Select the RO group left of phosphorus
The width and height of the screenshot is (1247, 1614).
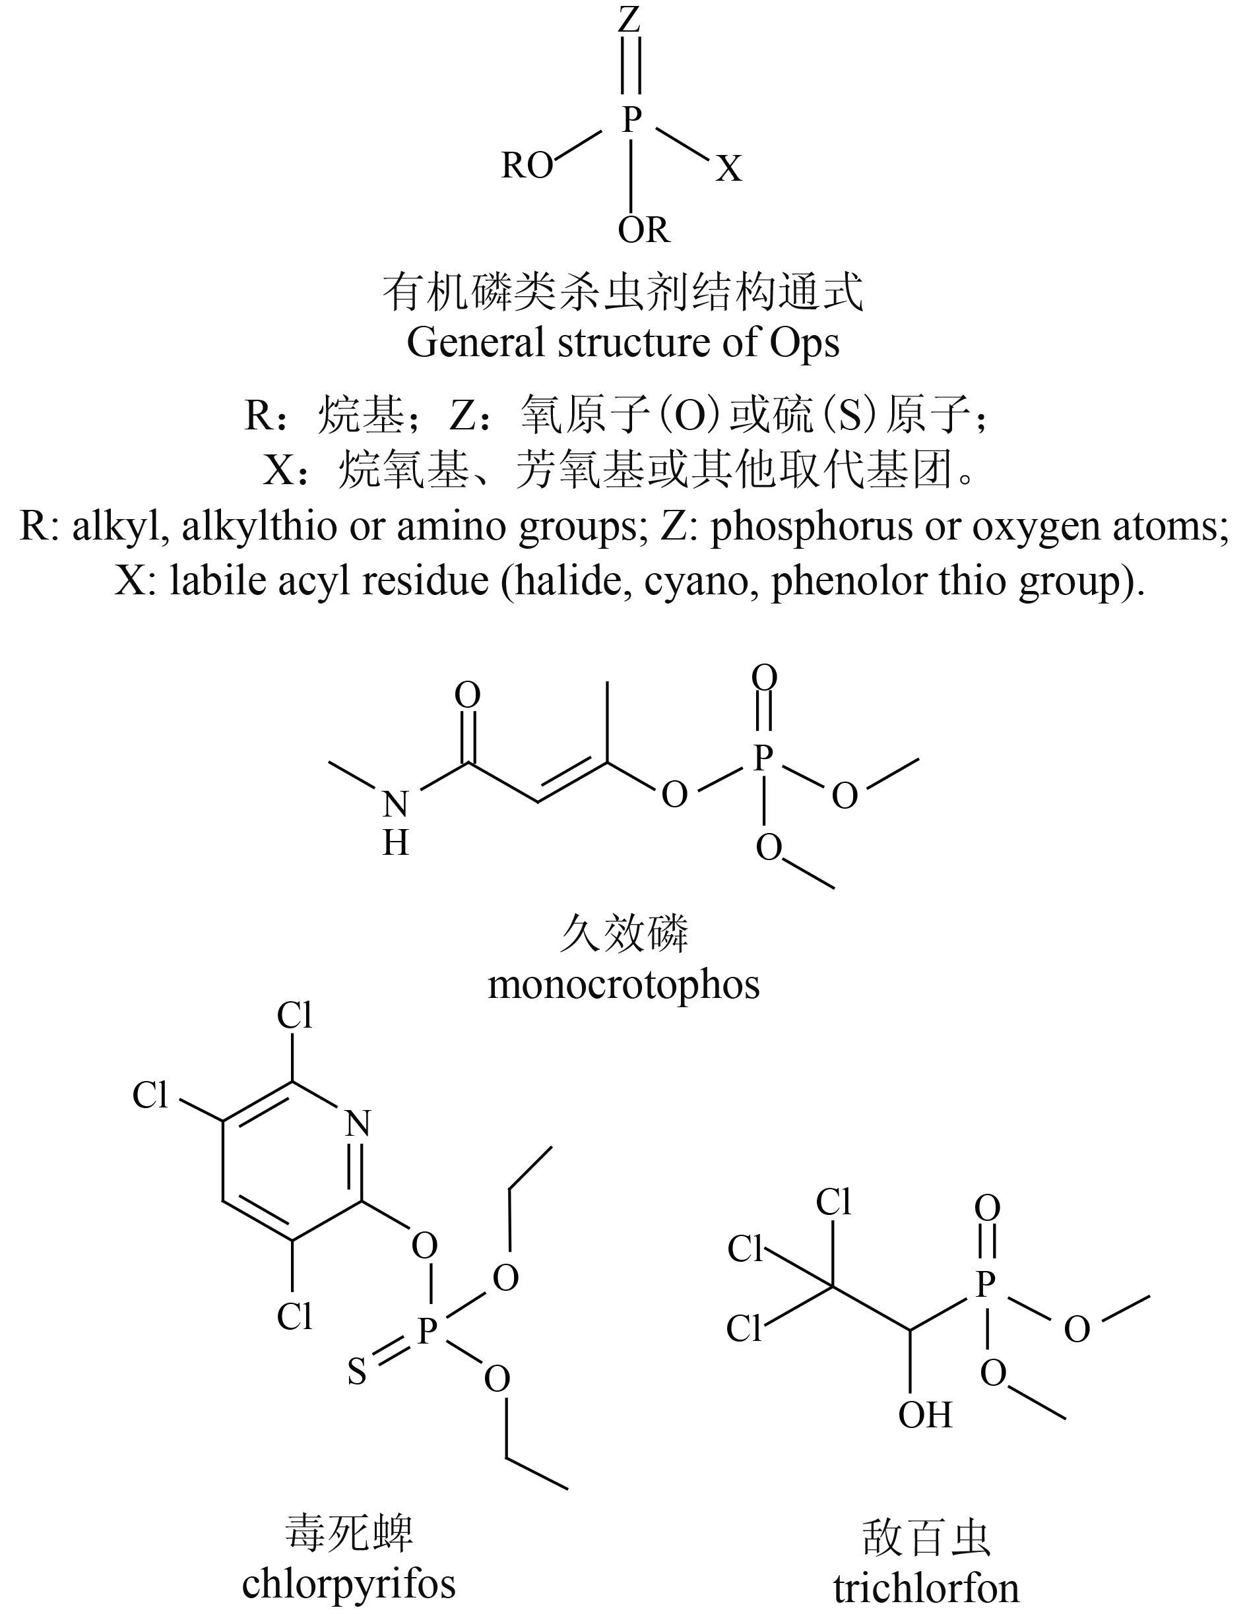pyautogui.click(x=527, y=166)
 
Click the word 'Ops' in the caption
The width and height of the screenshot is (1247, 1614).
pyautogui.click(x=804, y=343)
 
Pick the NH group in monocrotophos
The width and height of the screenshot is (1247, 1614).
pyautogui.click(x=395, y=822)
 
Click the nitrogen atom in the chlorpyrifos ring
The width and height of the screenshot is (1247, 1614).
pyautogui.click(x=358, y=1124)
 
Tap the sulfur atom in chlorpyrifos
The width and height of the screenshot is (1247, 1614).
pyautogui.click(x=357, y=1373)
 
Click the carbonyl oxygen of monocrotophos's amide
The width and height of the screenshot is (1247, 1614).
pyautogui.click(x=467, y=695)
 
